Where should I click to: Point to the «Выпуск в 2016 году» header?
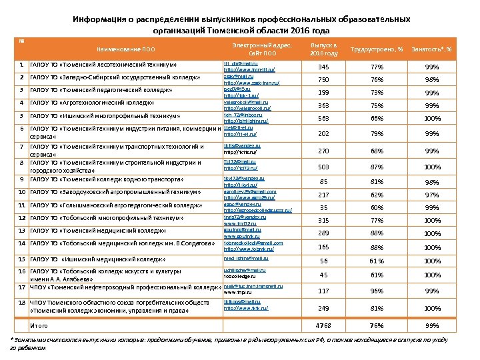[325, 49]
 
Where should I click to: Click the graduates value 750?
[324, 80]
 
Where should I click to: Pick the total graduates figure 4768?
[324, 325]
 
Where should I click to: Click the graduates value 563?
[324, 118]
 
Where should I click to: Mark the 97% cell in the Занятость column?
[432, 195]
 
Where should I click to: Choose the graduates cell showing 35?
[325, 207]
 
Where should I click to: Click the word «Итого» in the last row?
[41, 325]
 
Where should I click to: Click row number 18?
[22, 302]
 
